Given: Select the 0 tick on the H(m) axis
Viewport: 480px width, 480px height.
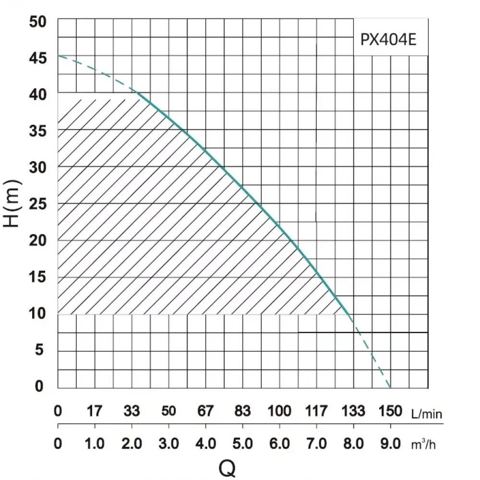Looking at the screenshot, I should pyautogui.click(x=39, y=386).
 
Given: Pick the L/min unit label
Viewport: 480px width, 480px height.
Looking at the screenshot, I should pyautogui.click(x=427, y=413).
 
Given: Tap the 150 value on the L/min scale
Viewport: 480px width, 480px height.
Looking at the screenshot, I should pyautogui.click(x=390, y=411).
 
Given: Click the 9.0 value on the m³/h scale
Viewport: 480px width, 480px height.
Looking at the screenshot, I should pyautogui.click(x=390, y=444).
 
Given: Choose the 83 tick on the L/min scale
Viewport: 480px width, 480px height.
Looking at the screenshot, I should pyautogui.click(x=242, y=411).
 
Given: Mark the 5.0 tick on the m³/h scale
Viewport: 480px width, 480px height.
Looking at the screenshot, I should pyautogui.click(x=242, y=444).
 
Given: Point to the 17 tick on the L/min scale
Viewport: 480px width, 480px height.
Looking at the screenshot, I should pyautogui.click(x=95, y=411).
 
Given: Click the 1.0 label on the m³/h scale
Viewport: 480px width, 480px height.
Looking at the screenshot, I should pyautogui.click(x=95, y=444).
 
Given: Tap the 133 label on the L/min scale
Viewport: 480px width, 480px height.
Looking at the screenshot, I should pyautogui.click(x=353, y=411).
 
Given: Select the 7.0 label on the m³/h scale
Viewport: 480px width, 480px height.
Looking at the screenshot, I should pyautogui.click(x=316, y=444).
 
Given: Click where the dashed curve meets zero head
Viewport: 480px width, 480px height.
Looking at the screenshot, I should pyautogui.click(x=390, y=387).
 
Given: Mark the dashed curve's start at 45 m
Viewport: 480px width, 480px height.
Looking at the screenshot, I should pyautogui.click(x=59, y=56).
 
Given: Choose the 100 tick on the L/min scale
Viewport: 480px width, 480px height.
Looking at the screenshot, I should pyautogui.click(x=279, y=411).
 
